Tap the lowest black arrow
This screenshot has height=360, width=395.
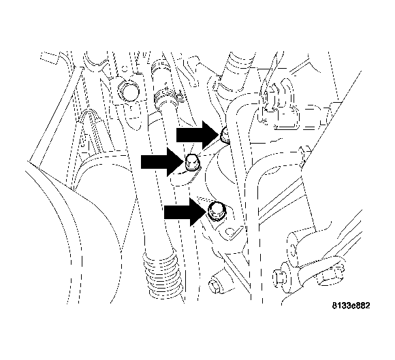pos(184,213)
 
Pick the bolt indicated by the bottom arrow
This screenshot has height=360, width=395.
pos(217,210)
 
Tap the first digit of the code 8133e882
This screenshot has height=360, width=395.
pos(334,306)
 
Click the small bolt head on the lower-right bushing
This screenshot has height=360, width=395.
pos(279,278)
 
